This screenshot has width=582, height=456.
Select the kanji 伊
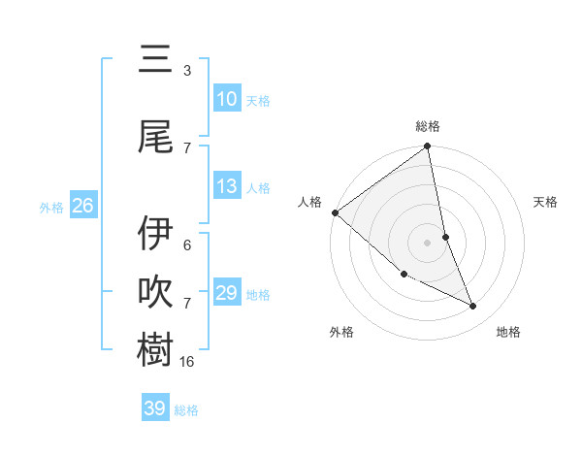coord(155,234)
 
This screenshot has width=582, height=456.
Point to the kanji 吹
coord(155,291)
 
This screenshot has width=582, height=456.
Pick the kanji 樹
coord(155,347)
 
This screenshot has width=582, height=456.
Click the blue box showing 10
coord(226,99)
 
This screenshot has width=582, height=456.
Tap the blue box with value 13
coord(226,187)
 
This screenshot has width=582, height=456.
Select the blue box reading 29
coord(226,293)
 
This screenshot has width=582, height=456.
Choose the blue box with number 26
coord(82,206)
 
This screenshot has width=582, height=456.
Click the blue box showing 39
coord(154,408)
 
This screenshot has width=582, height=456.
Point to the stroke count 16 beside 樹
coord(188,361)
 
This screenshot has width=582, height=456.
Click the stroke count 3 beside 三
coord(187,71)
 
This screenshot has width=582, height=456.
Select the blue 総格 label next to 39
coord(186,410)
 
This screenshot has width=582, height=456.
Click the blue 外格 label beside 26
coord(51,208)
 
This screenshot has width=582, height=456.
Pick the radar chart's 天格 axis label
coord(546,202)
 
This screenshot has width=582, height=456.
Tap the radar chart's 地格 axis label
coord(508,332)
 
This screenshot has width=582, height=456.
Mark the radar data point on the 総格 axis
coord(427,147)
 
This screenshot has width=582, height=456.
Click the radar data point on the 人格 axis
coord(335,212)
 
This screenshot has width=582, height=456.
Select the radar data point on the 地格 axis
coord(473,307)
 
